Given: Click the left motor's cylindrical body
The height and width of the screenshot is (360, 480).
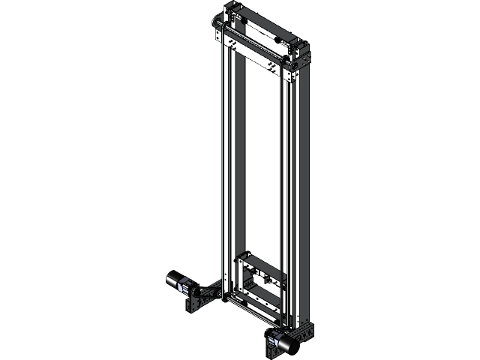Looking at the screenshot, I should point(173,279).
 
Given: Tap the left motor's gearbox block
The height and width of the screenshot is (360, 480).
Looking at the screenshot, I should point(183,286).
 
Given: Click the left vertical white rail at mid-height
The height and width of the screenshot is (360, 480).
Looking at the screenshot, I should point(226,165).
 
